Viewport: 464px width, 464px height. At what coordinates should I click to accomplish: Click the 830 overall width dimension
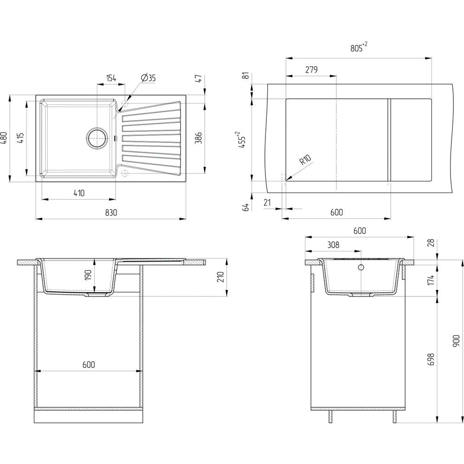(111, 213)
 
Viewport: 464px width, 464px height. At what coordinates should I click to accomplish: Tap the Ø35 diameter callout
(148, 78)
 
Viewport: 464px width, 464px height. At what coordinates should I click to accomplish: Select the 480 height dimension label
(4, 138)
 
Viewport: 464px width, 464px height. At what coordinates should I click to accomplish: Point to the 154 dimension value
(111, 78)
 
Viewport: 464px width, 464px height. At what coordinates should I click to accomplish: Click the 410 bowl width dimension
(79, 193)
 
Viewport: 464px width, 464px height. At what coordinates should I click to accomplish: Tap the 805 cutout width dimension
(359, 47)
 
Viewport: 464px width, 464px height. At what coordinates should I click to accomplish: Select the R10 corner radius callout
(305, 160)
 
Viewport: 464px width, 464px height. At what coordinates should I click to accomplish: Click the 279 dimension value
(311, 70)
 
